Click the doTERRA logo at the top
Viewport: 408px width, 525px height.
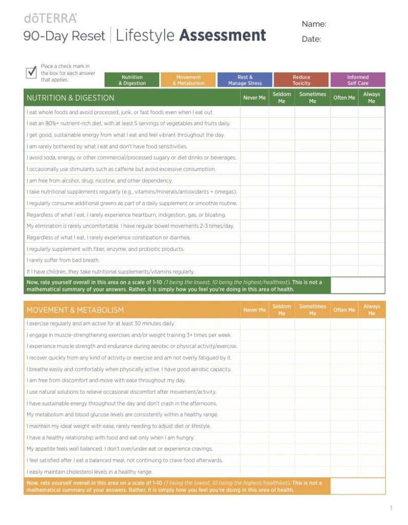tap(50, 18)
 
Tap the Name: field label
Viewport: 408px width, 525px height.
tap(314, 24)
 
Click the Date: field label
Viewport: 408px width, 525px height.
tap(312, 39)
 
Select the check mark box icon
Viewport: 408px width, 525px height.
tap(31, 72)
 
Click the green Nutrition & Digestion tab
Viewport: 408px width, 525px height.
tap(132, 80)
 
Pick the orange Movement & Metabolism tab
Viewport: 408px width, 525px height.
tap(188, 80)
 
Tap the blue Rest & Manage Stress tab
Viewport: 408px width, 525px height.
tap(245, 80)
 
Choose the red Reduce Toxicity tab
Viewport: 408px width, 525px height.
tap(301, 80)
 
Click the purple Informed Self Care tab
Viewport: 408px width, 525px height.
tap(358, 80)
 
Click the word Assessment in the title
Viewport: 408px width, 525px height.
tap(223, 35)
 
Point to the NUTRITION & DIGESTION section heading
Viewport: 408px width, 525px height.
tap(70, 98)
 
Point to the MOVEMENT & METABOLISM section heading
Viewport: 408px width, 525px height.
tap(75, 310)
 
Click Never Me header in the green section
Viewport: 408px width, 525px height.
tap(255, 98)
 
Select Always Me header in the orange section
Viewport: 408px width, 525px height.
tap(372, 310)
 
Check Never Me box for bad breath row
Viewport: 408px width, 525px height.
tap(255, 260)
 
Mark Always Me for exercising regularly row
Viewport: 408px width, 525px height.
tap(372, 324)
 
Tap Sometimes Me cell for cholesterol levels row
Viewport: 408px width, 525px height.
tap(313, 472)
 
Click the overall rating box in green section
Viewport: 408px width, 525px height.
tap(358, 285)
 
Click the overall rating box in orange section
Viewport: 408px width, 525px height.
tap(358, 486)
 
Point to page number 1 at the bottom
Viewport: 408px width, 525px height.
tap(391, 508)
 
